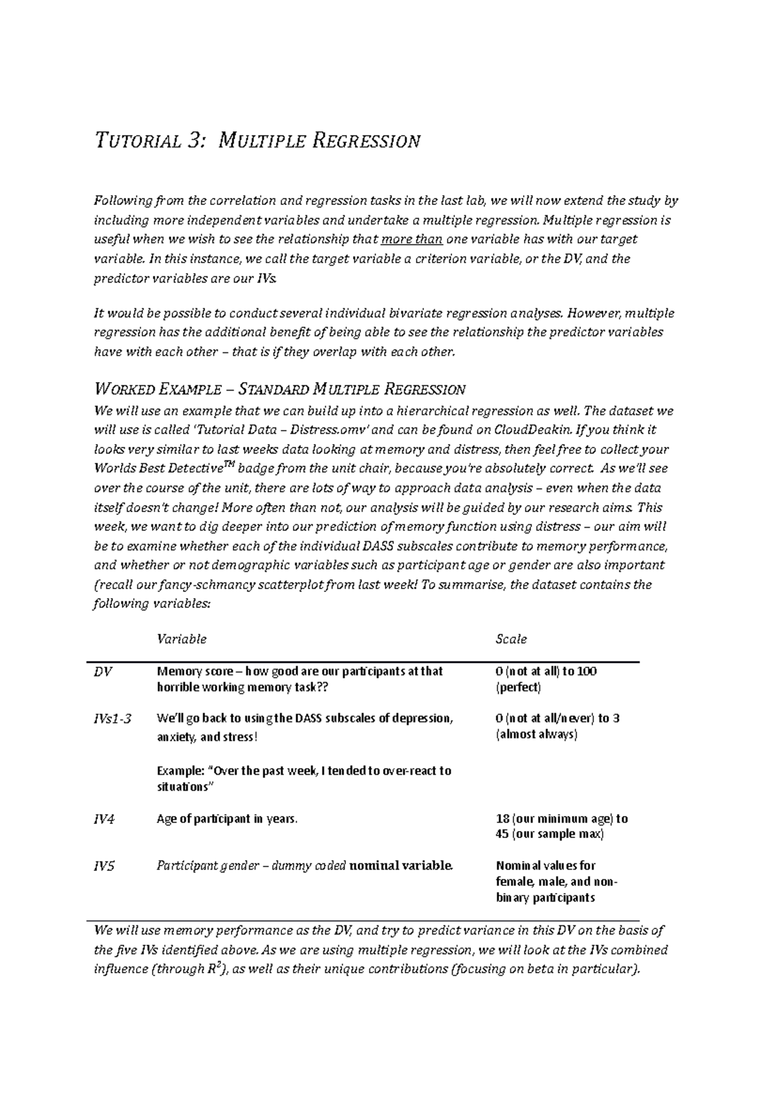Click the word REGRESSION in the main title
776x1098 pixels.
tap(367, 140)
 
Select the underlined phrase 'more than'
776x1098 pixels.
tap(412, 239)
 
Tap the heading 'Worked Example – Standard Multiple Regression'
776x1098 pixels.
tap(279, 389)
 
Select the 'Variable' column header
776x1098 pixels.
tap(182, 639)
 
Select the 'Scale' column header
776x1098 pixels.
tap(511, 639)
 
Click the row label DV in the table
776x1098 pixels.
tap(103, 671)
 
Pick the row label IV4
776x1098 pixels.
tap(104, 819)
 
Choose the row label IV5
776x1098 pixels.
tap(104, 865)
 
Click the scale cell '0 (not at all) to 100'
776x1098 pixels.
tap(546, 671)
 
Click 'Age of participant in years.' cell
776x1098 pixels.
tap(227, 819)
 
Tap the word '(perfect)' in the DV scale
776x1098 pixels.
tap(517, 687)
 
